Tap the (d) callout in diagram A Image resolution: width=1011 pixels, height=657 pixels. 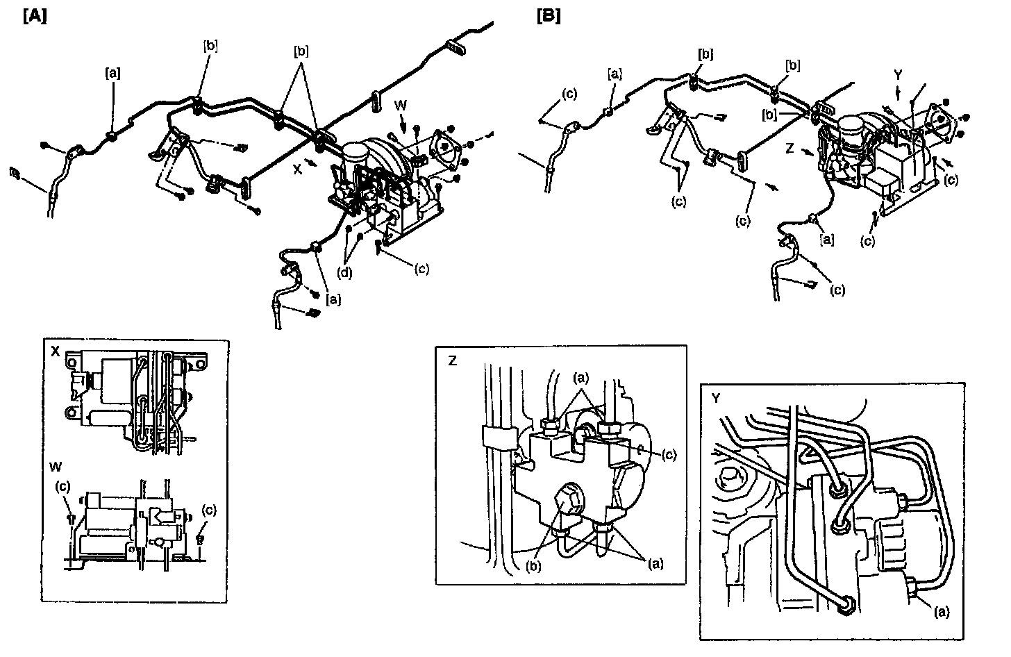[x=344, y=272]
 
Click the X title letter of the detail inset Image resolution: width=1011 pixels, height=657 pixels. [x=56, y=351]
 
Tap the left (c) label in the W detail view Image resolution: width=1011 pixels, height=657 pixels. [x=63, y=487]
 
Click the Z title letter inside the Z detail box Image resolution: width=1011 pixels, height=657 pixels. [x=452, y=360]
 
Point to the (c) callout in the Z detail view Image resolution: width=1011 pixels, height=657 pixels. [x=669, y=454]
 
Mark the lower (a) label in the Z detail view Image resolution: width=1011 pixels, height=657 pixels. [x=653, y=563]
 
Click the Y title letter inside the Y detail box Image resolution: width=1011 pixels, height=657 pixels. [x=715, y=397]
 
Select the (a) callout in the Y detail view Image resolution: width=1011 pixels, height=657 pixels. [x=941, y=611]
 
